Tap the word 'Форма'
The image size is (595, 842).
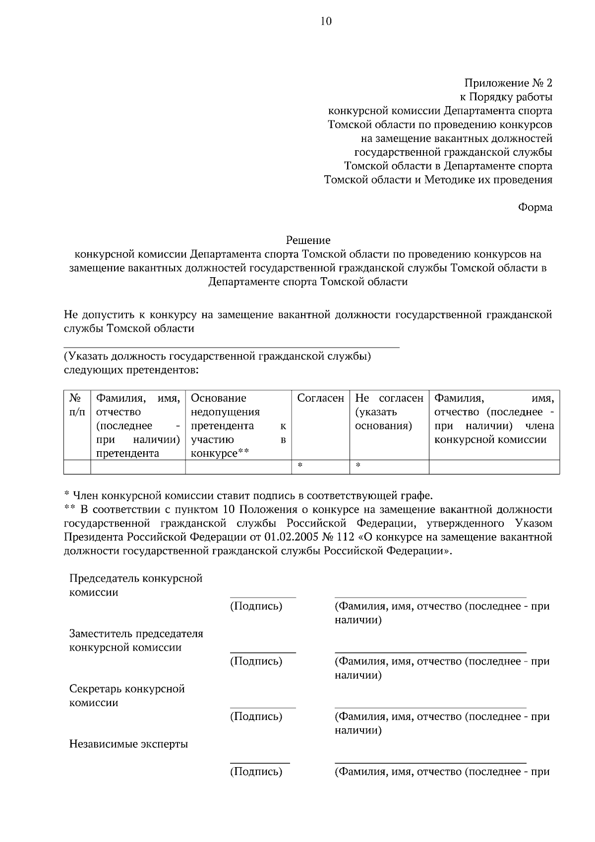(x=535, y=207)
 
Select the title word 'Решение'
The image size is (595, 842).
(x=308, y=241)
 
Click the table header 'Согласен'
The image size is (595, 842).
(x=320, y=398)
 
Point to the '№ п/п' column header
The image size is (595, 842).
(x=77, y=405)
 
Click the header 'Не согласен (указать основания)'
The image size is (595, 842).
(x=389, y=412)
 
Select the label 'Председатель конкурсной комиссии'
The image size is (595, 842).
(x=136, y=586)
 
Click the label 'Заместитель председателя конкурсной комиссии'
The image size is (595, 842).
(x=136, y=641)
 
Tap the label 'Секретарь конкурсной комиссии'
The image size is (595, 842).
(x=127, y=696)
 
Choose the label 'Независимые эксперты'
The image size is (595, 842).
(x=128, y=744)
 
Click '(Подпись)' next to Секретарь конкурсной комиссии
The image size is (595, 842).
(x=256, y=717)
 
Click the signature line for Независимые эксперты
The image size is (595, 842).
(x=260, y=763)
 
